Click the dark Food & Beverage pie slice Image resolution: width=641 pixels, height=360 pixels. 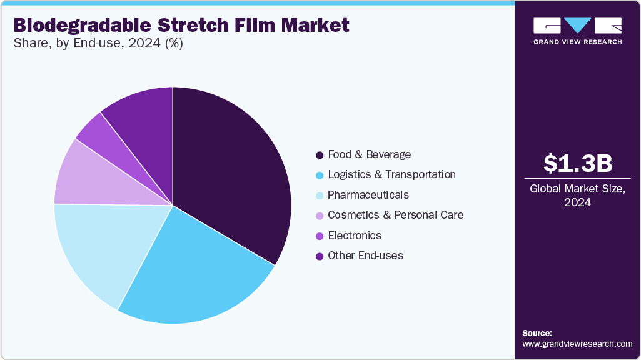click(x=231, y=169)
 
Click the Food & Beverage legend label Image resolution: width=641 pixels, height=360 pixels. click(x=369, y=154)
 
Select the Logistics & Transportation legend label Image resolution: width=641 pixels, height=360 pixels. click(x=391, y=174)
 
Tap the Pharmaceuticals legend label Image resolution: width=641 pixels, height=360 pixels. click(x=368, y=195)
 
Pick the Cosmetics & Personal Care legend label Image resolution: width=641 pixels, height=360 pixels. click(x=395, y=215)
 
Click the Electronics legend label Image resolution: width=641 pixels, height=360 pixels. click(x=355, y=236)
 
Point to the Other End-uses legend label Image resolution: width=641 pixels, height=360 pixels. click(x=365, y=256)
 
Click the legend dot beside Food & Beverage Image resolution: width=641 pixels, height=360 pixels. click(x=320, y=155)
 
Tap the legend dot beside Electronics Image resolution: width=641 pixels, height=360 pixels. click(x=320, y=236)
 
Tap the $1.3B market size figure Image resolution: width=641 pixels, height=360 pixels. click(x=577, y=164)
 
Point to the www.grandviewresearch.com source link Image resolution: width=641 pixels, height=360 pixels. click(x=577, y=344)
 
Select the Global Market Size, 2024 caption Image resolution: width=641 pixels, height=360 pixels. click(x=577, y=195)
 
